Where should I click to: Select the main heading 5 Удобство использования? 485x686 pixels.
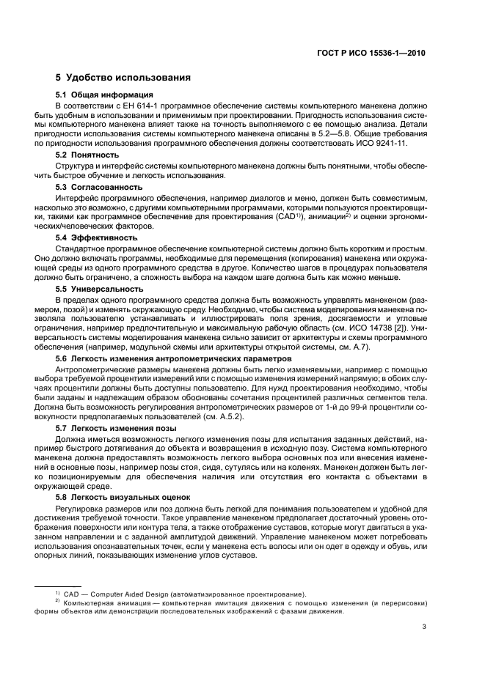(123, 77)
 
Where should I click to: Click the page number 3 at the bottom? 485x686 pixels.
(423, 626)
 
